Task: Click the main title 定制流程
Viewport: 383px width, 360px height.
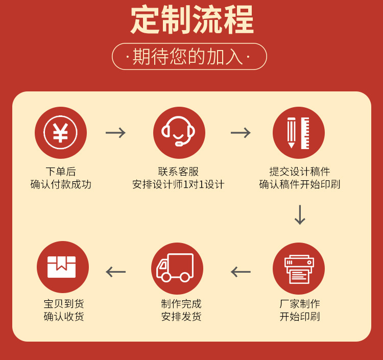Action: point(192,20)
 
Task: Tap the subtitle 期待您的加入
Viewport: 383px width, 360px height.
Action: point(189,56)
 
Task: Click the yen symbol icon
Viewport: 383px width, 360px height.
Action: point(61,133)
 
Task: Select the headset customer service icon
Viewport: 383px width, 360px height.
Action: point(179,133)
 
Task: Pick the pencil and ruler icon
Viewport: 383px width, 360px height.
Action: point(299,133)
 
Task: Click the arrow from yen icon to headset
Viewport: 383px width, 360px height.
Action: point(116,133)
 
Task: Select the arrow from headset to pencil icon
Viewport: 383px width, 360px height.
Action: point(241,133)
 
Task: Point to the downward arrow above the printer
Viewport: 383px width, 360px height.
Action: point(300,215)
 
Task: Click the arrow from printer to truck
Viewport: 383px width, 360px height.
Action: point(241,272)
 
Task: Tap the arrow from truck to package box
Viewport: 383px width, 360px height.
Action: point(116,272)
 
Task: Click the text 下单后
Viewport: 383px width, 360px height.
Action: point(61,172)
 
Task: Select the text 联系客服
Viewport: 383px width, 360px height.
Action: point(178,172)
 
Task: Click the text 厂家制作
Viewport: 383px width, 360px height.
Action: point(300,304)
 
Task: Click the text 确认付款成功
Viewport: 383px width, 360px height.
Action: point(61,184)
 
